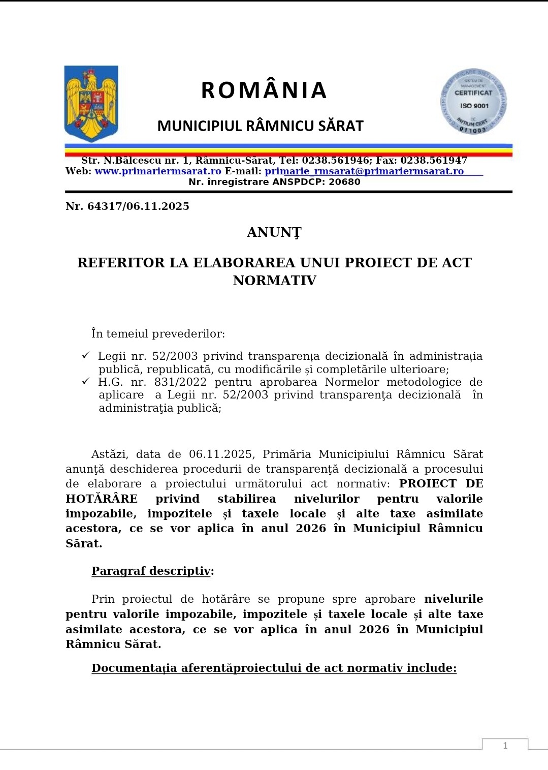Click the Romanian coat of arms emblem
pos(91,103)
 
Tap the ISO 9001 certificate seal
pos(473,102)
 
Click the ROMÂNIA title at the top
pos(264,90)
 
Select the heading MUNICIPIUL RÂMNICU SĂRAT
pos(260,126)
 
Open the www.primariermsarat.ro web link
pos(158,171)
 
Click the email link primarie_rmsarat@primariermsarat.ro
pos(364,171)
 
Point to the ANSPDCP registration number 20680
pos(344,182)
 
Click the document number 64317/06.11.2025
pos(138,206)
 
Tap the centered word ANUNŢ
pos(274,232)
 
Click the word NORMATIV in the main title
pos(274,281)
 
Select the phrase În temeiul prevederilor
pos(158,334)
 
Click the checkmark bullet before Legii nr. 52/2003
pos(86,356)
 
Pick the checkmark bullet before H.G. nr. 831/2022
pos(86,382)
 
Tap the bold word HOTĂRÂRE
pos(102,499)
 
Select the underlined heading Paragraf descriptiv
pos(151,571)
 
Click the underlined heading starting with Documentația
pos(274,668)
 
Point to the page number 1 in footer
pos(505,746)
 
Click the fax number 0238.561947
pos(434,161)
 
